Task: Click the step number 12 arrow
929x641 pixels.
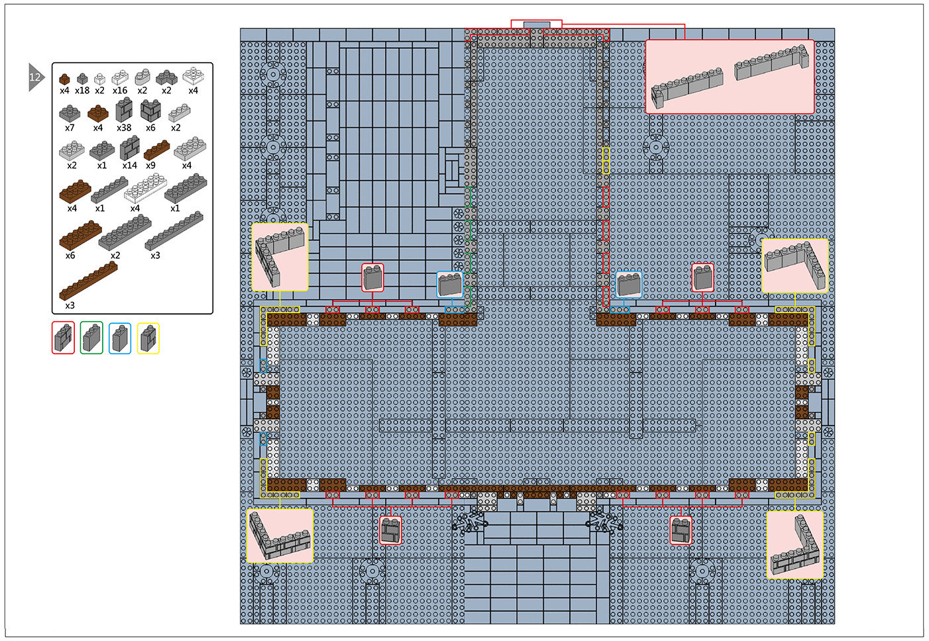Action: [x=36, y=77]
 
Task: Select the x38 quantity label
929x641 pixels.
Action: [x=124, y=128]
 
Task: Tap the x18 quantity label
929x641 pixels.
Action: [x=82, y=90]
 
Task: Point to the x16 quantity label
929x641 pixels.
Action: [x=120, y=90]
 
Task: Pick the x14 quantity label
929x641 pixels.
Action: [x=129, y=166]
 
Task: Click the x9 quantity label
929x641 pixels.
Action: [x=150, y=166]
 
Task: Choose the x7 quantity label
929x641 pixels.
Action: [x=70, y=128]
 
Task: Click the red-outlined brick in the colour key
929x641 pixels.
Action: [x=63, y=338]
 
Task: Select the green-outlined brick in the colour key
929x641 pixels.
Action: [x=91, y=338]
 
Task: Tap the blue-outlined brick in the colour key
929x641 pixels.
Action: [x=120, y=338]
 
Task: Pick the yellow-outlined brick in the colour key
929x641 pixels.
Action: [x=148, y=338]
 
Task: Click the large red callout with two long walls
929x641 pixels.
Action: [x=730, y=77]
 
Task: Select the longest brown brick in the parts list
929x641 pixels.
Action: [x=88, y=281]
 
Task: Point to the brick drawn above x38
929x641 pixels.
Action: [x=124, y=109]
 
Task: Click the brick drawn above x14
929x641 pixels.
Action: [x=129, y=148]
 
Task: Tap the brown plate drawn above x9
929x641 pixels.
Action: [x=156, y=150]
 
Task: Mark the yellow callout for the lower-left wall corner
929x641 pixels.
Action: [x=280, y=536]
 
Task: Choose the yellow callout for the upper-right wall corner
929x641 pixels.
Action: [x=795, y=266]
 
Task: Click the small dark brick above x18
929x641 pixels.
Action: [x=82, y=78]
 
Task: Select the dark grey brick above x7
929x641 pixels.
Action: [x=70, y=113]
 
